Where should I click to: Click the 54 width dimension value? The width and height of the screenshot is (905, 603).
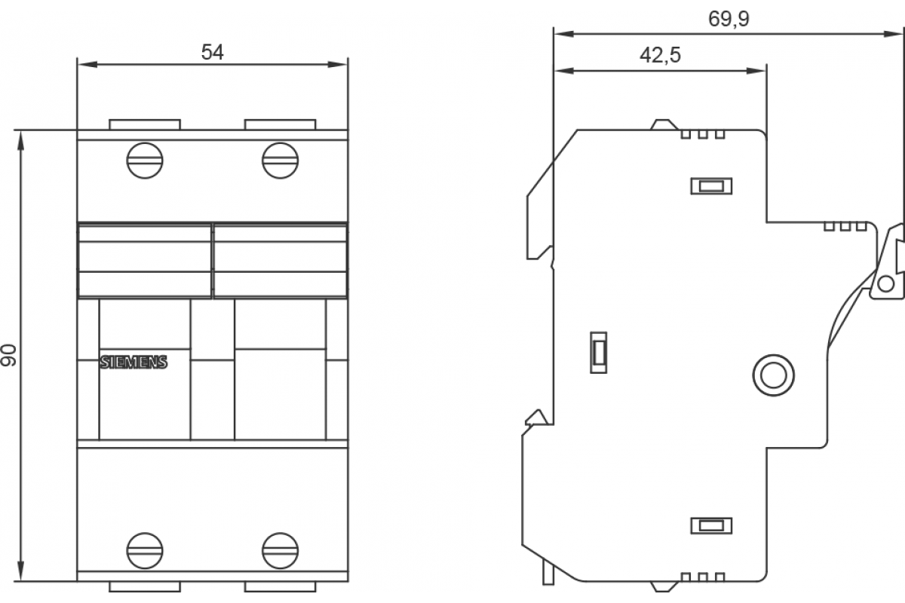(212, 52)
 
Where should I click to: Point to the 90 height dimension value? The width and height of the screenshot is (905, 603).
(8, 356)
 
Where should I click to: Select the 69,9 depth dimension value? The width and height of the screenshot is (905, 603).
(729, 19)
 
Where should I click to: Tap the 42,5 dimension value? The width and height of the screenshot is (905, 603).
(660, 55)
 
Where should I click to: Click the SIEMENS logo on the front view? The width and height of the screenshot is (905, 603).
(133, 363)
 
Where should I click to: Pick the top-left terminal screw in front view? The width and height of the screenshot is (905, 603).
(145, 161)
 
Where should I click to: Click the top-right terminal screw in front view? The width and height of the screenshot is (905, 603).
(280, 161)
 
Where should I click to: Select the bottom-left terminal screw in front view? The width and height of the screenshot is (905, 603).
(145, 550)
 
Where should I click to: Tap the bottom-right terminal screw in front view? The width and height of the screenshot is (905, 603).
(280, 550)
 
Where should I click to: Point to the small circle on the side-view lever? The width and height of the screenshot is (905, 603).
(886, 284)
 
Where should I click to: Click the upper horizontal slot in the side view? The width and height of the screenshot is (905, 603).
(711, 186)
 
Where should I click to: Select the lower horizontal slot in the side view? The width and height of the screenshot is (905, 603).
(711, 525)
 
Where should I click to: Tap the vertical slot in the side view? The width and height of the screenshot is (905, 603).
(598, 353)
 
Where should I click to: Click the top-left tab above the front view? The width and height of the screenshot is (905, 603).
(145, 124)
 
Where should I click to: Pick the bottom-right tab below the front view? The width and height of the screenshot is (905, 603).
(280, 587)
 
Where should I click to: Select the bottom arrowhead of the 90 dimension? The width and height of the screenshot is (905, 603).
(21, 571)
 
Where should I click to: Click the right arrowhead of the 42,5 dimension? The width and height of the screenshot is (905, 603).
(756, 71)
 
